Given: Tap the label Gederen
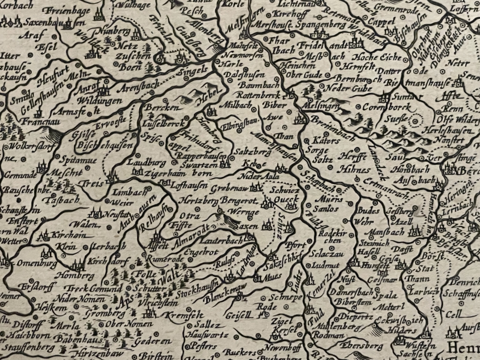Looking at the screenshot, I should click(x=152, y=342).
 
